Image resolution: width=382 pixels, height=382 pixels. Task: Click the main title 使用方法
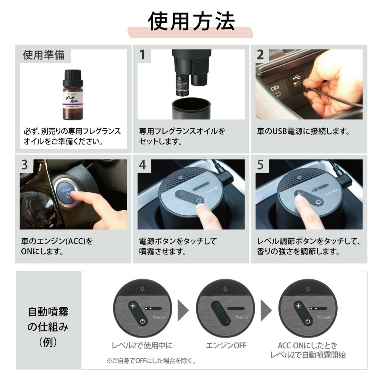click(x=191, y=21)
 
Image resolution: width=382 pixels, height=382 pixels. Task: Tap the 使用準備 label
click(x=44, y=55)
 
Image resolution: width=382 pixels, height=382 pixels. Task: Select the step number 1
click(x=142, y=55)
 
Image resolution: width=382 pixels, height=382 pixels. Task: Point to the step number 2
click(x=260, y=55)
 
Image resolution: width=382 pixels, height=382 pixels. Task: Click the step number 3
click(x=24, y=165)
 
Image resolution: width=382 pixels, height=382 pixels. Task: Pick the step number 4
click(x=142, y=165)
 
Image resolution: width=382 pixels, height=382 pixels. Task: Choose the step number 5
click(x=261, y=165)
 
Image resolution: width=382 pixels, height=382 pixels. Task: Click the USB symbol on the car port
click(x=296, y=78)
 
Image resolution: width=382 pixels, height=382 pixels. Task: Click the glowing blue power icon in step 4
click(x=199, y=201)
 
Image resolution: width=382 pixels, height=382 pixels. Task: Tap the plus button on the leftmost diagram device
click(x=133, y=306)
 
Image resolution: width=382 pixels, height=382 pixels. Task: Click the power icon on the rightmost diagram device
click(x=308, y=321)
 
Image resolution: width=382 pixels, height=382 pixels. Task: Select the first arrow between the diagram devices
click(x=183, y=310)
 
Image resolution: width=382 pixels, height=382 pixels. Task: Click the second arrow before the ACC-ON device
click(x=266, y=310)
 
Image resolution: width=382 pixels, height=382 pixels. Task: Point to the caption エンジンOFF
click(x=226, y=345)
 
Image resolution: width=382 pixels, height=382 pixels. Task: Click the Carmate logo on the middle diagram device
click(x=242, y=317)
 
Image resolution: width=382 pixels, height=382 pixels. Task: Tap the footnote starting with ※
click(x=151, y=361)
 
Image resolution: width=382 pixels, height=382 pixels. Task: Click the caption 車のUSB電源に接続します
click(x=303, y=131)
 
